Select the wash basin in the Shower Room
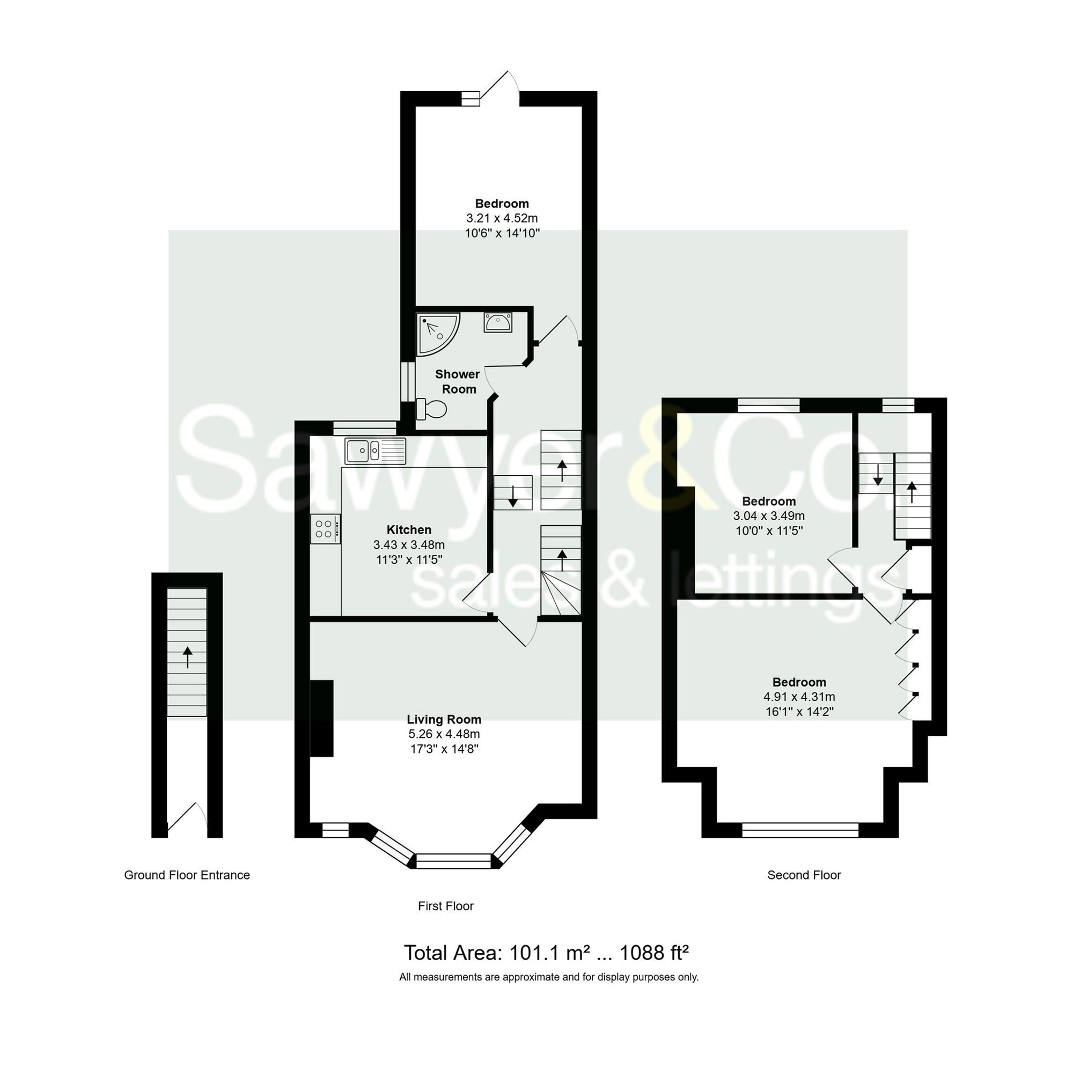(x=497, y=322)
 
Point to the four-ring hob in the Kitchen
(x=325, y=529)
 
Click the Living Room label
(x=444, y=719)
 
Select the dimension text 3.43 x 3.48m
(x=409, y=545)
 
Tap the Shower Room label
(x=458, y=381)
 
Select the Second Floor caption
(x=804, y=875)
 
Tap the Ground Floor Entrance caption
(x=187, y=875)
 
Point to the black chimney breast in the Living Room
(x=322, y=718)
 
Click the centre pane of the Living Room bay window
(x=453, y=861)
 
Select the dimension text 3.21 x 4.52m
(x=502, y=218)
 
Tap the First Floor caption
(x=446, y=905)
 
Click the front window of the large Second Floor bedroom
(x=800, y=830)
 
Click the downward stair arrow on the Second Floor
(x=878, y=475)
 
